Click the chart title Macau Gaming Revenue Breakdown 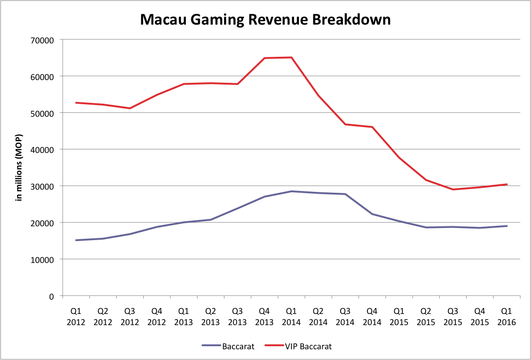click(x=265, y=20)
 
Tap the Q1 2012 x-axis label click(x=76, y=316)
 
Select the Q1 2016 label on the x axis click(x=506, y=316)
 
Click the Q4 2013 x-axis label click(x=265, y=316)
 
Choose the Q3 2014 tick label click(x=345, y=316)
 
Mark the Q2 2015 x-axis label click(x=426, y=316)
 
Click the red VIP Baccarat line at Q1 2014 click(x=291, y=57)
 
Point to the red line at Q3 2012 click(x=130, y=108)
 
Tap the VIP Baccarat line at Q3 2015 click(x=453, y=189)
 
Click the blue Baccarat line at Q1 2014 click(x=291, y=191)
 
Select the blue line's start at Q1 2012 click(x=76, y=240)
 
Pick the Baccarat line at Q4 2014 click(x=372, y=214)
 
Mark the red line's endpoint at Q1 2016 click(x=506, y=184)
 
